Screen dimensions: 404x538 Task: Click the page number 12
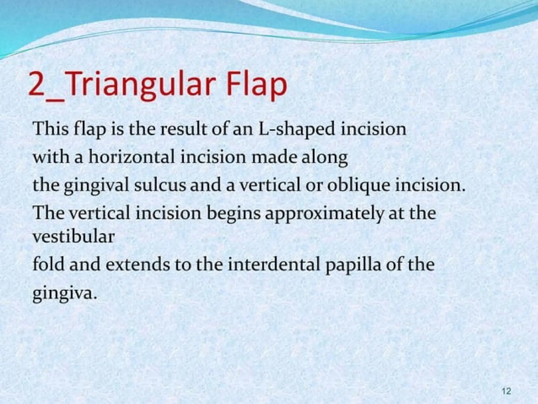coord(506,391)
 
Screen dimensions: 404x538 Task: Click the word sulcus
coord(160,185)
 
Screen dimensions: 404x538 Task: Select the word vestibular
coord(74,236)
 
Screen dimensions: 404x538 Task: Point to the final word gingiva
coord(63,293)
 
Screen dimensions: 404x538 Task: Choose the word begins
coord(234,214)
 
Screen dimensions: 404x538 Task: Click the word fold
coord(48,264)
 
